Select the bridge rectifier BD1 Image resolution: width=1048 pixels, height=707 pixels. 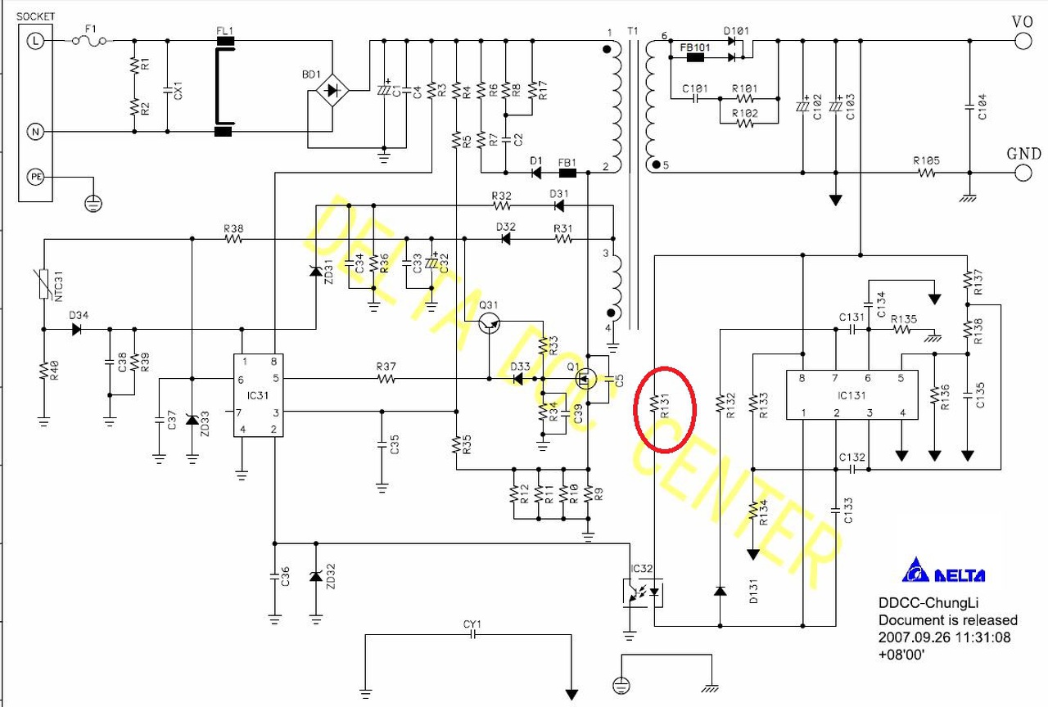click(332, 90)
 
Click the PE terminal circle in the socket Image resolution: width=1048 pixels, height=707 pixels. click(35, 178)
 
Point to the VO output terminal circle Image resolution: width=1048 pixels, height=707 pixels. click(1022, 41)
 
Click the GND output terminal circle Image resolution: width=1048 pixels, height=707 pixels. click(1022, 173)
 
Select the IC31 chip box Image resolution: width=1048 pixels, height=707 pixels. click(258, 395)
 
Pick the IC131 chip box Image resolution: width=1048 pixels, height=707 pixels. click(851, 395)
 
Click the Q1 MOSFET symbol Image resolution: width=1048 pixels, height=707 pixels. click(587, 379)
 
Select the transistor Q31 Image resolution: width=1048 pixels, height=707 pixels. click(490, 322)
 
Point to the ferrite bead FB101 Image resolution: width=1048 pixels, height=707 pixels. click(695, 57)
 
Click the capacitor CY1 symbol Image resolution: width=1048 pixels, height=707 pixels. click(472, 637)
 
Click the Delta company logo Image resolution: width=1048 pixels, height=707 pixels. click(942, 571)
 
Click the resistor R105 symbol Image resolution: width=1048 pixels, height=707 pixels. click(928, 173)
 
